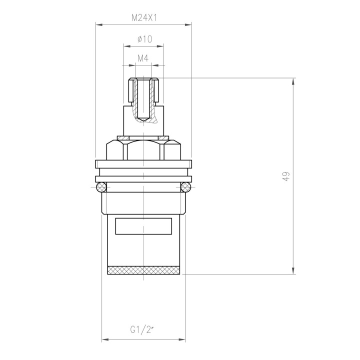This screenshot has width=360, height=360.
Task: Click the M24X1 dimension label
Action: [x=144, y=17]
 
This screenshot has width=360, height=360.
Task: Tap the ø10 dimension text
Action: [x=144, y=39]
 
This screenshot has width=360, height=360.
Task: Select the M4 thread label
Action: [x=143, y=58]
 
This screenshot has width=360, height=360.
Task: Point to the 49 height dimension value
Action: [x=286, y=176]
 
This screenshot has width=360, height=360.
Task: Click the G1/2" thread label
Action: [x=142, y=330]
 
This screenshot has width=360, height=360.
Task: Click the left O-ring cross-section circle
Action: [x=101, y=187]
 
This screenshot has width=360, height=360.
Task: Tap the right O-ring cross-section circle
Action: [x=185, y=187]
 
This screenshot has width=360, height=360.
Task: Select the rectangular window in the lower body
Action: [x=143, y=226]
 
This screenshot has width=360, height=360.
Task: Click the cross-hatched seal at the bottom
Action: [x=143, y=270]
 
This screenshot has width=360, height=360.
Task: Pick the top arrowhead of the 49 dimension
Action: [x=293, y=81]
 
